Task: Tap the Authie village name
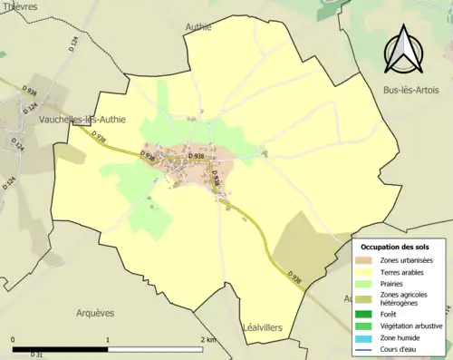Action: tap(198, 27)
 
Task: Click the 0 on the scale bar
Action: tap(14, 340)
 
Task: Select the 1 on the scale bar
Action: tap(109, 340)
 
